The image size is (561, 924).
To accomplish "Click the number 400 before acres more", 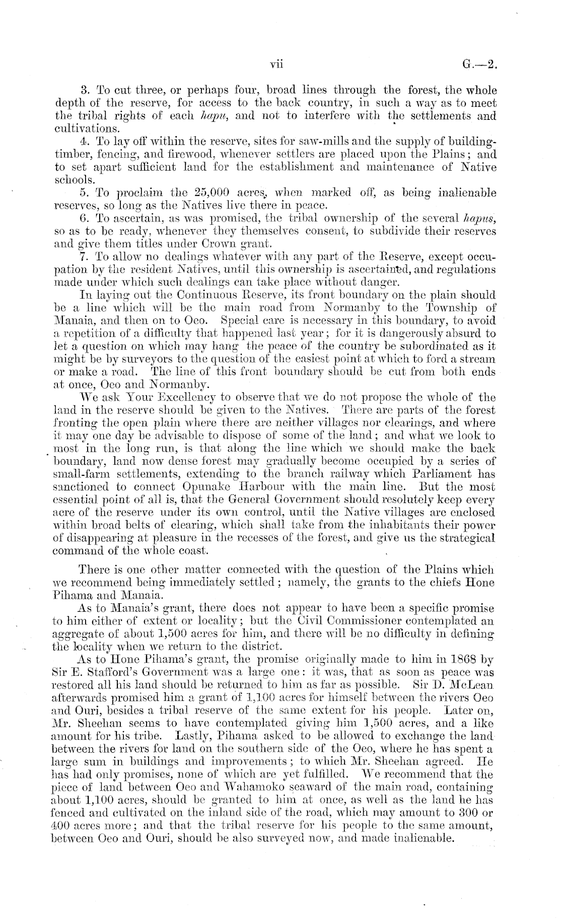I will coord(61,826).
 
